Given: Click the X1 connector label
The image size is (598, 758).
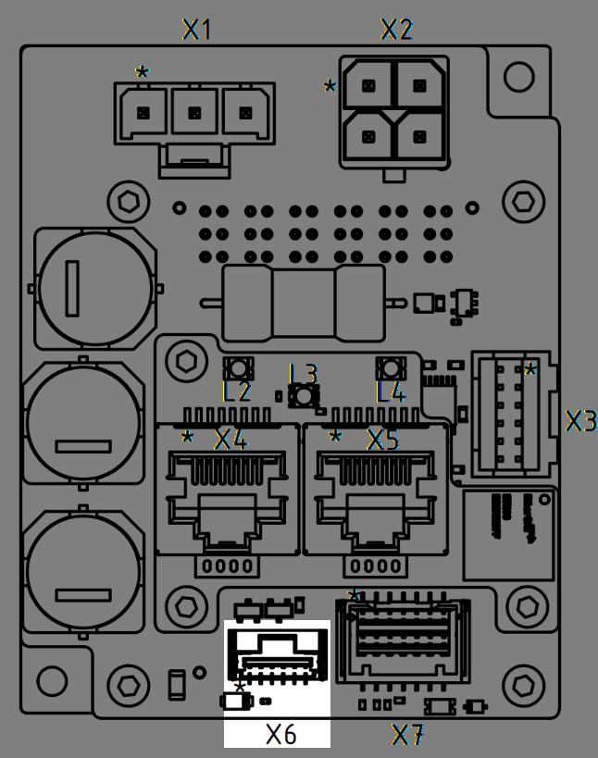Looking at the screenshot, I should [x=197, y=30].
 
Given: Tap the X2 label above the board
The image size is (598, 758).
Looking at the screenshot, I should [x=396, y=30].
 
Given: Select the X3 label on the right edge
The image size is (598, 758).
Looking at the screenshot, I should [x=581, y=421].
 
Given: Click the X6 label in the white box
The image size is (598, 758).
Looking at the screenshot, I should [x=280, y=735].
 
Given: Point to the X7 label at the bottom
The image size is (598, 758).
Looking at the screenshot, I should [x=408, y=736].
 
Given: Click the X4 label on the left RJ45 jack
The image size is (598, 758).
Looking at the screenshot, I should [x=230, y=439].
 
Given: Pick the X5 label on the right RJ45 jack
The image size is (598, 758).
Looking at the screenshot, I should [x=383, y=439].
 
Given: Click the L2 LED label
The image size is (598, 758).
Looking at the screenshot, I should [x=237, y=391].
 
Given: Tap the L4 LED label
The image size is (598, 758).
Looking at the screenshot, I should [x=392, y=391].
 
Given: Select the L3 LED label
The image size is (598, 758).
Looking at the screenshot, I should [x=304, y=374].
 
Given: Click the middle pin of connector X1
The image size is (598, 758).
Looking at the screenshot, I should [x=194, y=112].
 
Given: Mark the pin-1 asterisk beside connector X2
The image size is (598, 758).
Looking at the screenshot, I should [x=330, y=87].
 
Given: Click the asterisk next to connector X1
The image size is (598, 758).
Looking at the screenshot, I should [x=142, y=72].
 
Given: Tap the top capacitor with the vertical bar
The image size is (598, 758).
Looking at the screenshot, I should [x=92, y=287].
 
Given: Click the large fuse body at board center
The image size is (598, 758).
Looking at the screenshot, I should [x=304, y=303].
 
